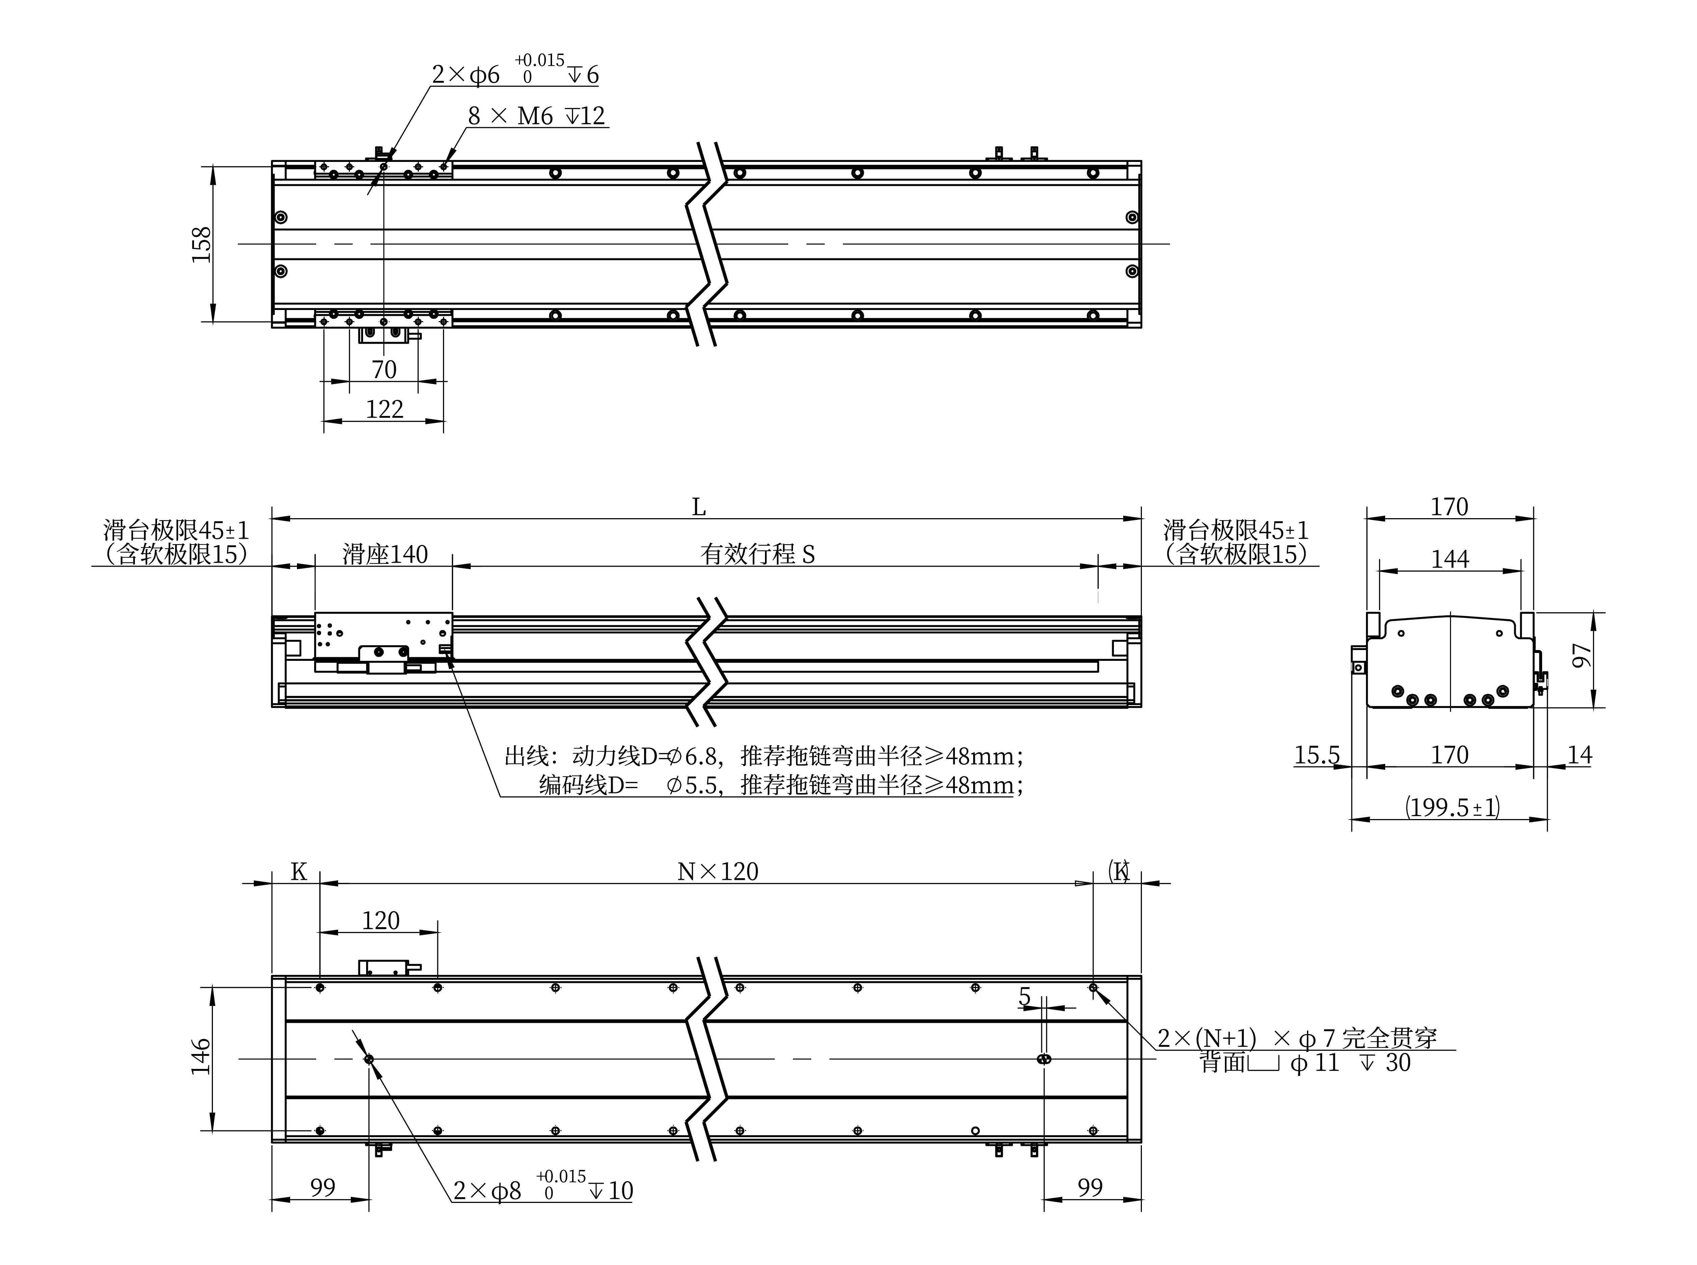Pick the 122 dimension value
(384, 409)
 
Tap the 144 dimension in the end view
(1450, 559)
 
